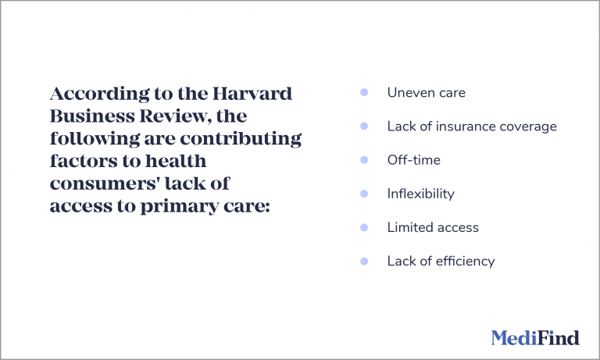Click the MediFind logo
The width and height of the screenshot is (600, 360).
coord(535,337)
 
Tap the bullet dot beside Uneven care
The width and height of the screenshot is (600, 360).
coord(364,93)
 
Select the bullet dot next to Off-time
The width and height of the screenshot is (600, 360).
coord(364,160)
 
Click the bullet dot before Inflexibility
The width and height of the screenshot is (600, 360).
coord(364,194)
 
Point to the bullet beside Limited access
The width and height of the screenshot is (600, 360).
coord(364,227)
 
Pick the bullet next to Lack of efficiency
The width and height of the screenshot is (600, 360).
coord(364,261)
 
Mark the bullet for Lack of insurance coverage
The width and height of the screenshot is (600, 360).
coord(364,127)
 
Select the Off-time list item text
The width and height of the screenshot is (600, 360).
coord(413,160)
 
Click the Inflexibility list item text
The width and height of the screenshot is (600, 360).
coord(420,194)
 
